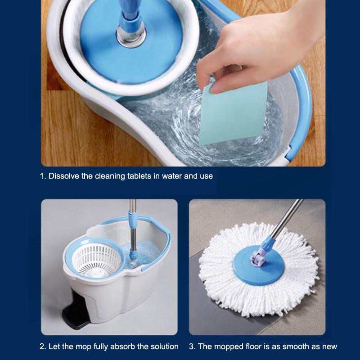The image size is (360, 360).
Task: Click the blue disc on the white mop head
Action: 258,265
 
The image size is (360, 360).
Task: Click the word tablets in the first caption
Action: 139,176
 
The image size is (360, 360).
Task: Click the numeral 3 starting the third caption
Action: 191,346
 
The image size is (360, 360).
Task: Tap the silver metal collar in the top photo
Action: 131,36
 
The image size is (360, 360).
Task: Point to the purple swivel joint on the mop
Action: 258,258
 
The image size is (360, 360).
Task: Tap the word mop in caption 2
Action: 83,347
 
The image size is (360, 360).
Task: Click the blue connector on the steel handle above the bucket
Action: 133,220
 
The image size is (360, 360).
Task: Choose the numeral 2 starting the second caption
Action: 42,346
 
